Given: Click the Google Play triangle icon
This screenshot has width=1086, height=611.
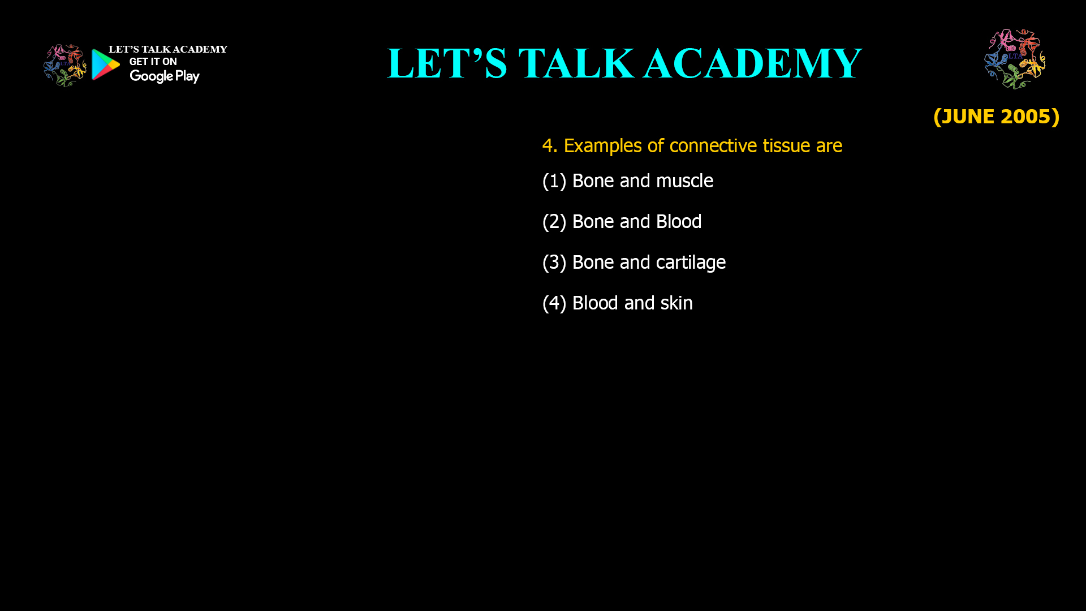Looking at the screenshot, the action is tap(105, 64).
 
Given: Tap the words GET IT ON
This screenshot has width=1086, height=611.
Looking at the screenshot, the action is tap(153, 62).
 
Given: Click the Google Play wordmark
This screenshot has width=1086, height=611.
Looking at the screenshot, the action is tap(165, 76).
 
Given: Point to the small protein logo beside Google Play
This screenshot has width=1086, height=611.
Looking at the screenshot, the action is tap(65, 66).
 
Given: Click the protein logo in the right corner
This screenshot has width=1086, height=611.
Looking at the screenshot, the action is tap(1015, 59).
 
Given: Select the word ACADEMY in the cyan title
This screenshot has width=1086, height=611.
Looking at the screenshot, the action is tap(752, 63).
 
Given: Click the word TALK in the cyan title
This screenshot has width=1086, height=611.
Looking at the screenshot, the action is tap(576, 63).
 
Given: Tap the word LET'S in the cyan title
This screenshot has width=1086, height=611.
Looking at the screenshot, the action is tap(447, 63).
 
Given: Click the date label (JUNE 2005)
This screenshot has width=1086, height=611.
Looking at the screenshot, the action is tap(996, 117).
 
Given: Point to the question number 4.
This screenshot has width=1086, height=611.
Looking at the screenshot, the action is tap(549, 146).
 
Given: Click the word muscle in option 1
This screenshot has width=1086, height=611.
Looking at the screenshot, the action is tap(684, 181).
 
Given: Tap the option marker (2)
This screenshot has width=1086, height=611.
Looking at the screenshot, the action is tap(554, 222).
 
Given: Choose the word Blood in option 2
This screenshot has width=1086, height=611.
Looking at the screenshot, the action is tap(679, 221).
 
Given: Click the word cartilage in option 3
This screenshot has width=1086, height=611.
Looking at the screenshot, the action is tap(691, 263).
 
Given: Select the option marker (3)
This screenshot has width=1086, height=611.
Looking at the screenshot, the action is tap(554, 263).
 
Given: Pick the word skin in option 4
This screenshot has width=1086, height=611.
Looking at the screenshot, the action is tap(676, 303).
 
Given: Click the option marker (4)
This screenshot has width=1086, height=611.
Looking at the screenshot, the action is tap(554, 303).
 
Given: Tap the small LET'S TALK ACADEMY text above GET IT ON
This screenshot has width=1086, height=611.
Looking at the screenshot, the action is tap(168, 49).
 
